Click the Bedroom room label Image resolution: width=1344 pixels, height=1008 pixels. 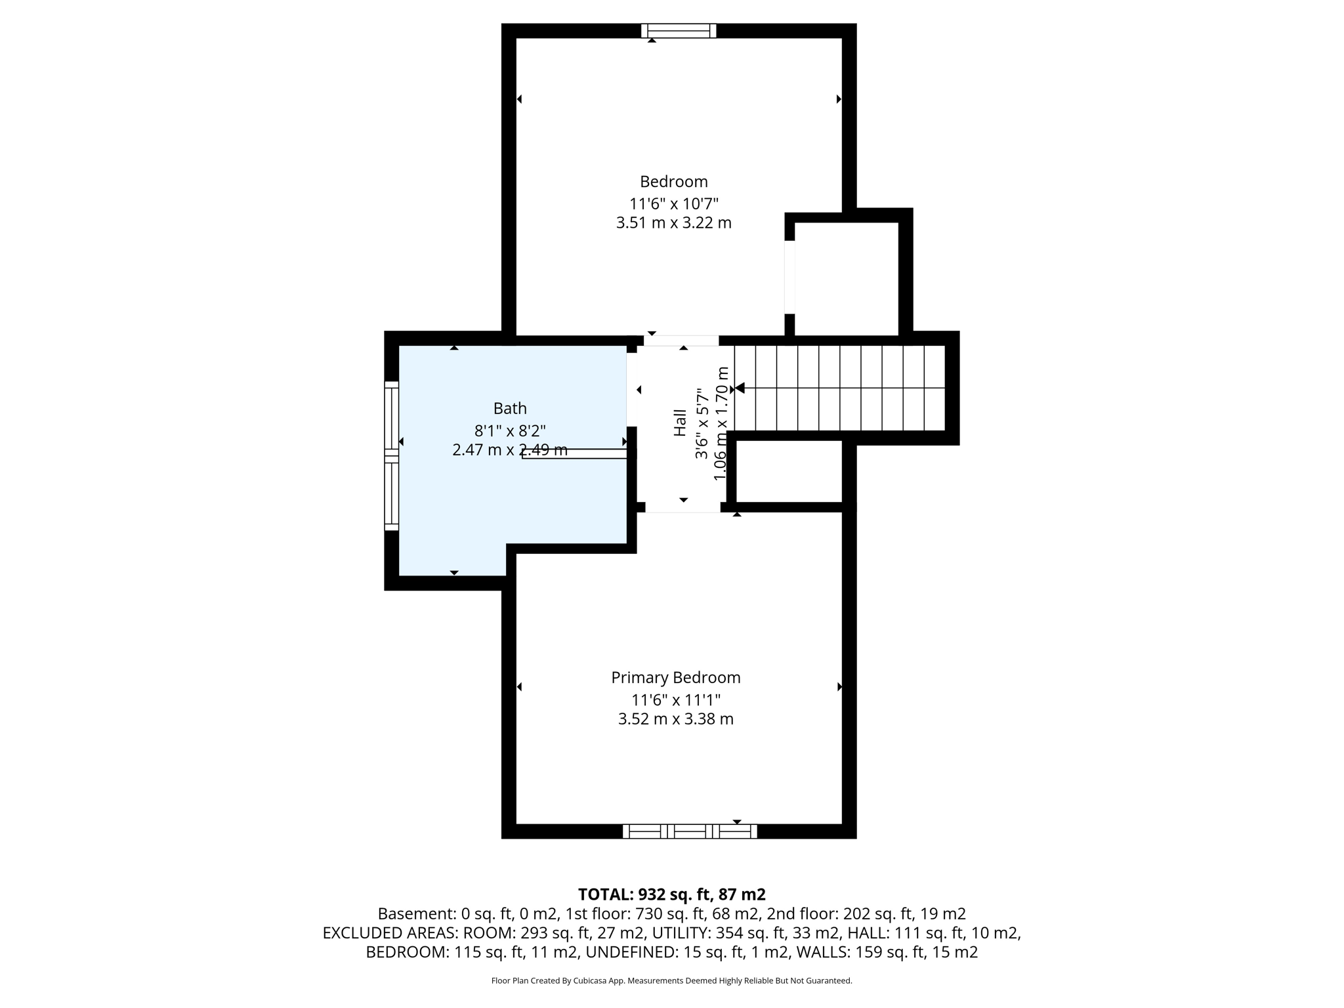(673, 182)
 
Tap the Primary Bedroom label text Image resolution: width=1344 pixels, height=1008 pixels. (675, 677)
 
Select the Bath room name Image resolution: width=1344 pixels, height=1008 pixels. (510, 408)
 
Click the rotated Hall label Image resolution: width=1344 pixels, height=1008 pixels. (680, 423)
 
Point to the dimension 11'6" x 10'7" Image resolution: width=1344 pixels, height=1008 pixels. (673, 203)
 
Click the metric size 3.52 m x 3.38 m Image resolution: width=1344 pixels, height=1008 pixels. (675, 719)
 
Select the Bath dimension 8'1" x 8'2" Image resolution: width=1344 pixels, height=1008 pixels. (510, 430)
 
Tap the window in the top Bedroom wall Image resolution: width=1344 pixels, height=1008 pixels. (679, 31)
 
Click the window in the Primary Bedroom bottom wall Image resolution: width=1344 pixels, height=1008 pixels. (690, 831)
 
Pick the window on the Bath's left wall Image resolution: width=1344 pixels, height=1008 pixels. (391, 455)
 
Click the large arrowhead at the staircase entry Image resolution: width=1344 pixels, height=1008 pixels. (740, 388)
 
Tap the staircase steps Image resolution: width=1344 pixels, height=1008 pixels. (840, 388)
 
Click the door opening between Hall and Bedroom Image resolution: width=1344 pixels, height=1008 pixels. (681, 341)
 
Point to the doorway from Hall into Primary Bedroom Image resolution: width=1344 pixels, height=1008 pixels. (682, 507)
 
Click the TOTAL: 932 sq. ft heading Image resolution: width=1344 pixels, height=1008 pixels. (671, 894)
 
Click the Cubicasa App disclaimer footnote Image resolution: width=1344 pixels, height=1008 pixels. (671, 981)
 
